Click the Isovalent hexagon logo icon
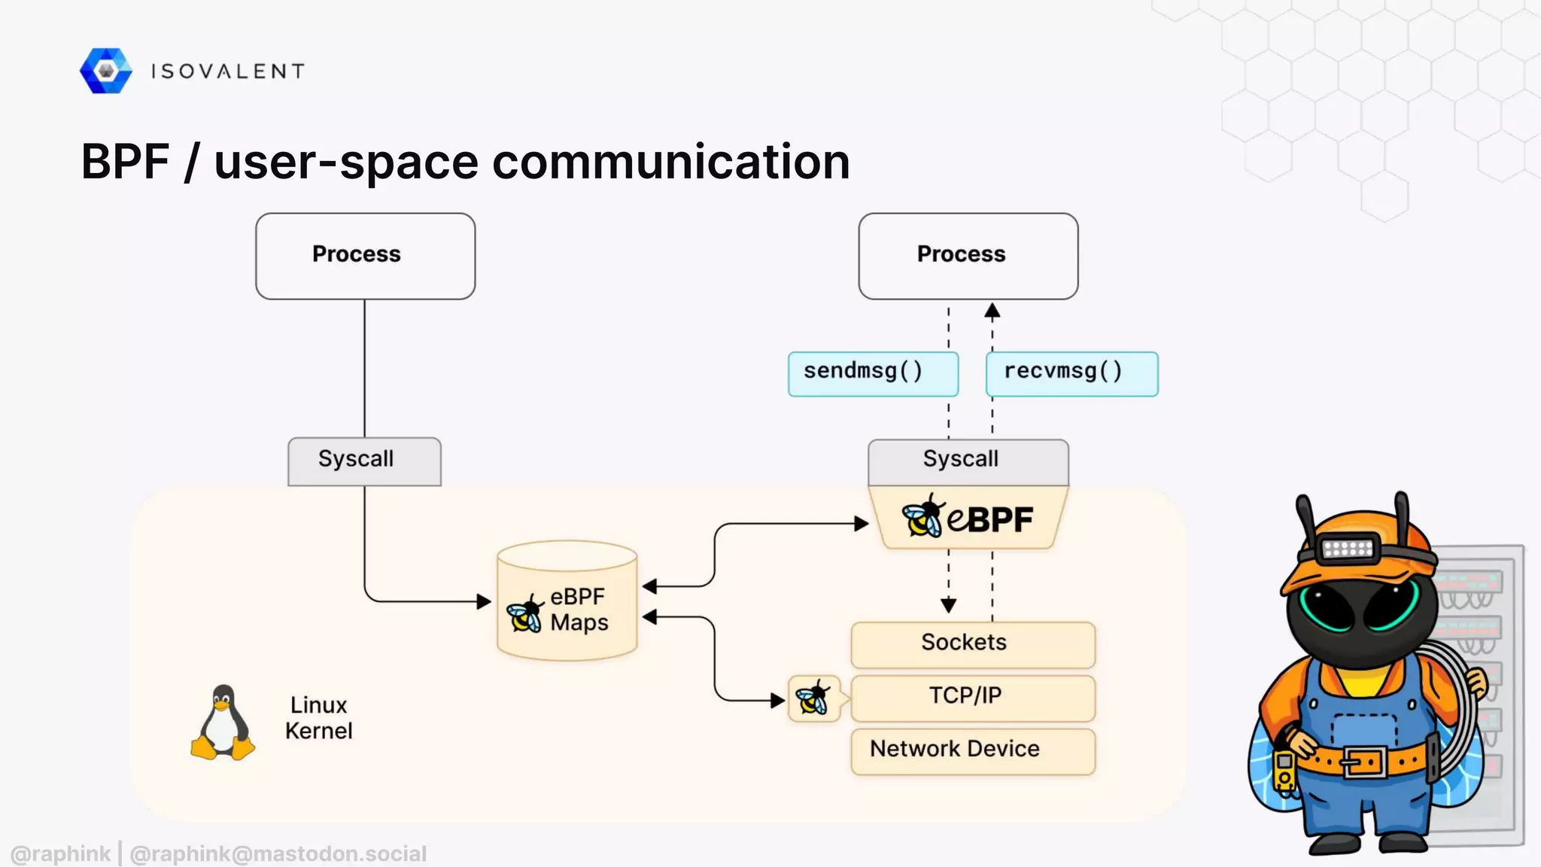click(x=106, y=71)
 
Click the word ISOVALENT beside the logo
click(x=228, y=71)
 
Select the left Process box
click(x=365, y=256)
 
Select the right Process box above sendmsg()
click(x=968, y=256)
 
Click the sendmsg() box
click(x=873, y=373)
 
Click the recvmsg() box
click(x=1071, y=373)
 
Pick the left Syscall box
click(x=364, y=461)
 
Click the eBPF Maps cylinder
click(x=567, y=602)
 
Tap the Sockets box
click(x=972, y=643)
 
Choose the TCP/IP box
click(x=972, y=697)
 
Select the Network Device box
click(x=972, y=750)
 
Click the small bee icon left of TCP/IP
click(x=813, y=698)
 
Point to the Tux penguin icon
click(x=223, y=723)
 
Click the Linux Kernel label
click(x=318, y=718)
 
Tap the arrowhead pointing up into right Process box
click(x=992, y=311)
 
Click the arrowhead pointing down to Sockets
click(x=948, y=605)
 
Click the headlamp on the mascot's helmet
click(x=1348, y=548)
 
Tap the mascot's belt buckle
click(x=1364, y=762)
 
